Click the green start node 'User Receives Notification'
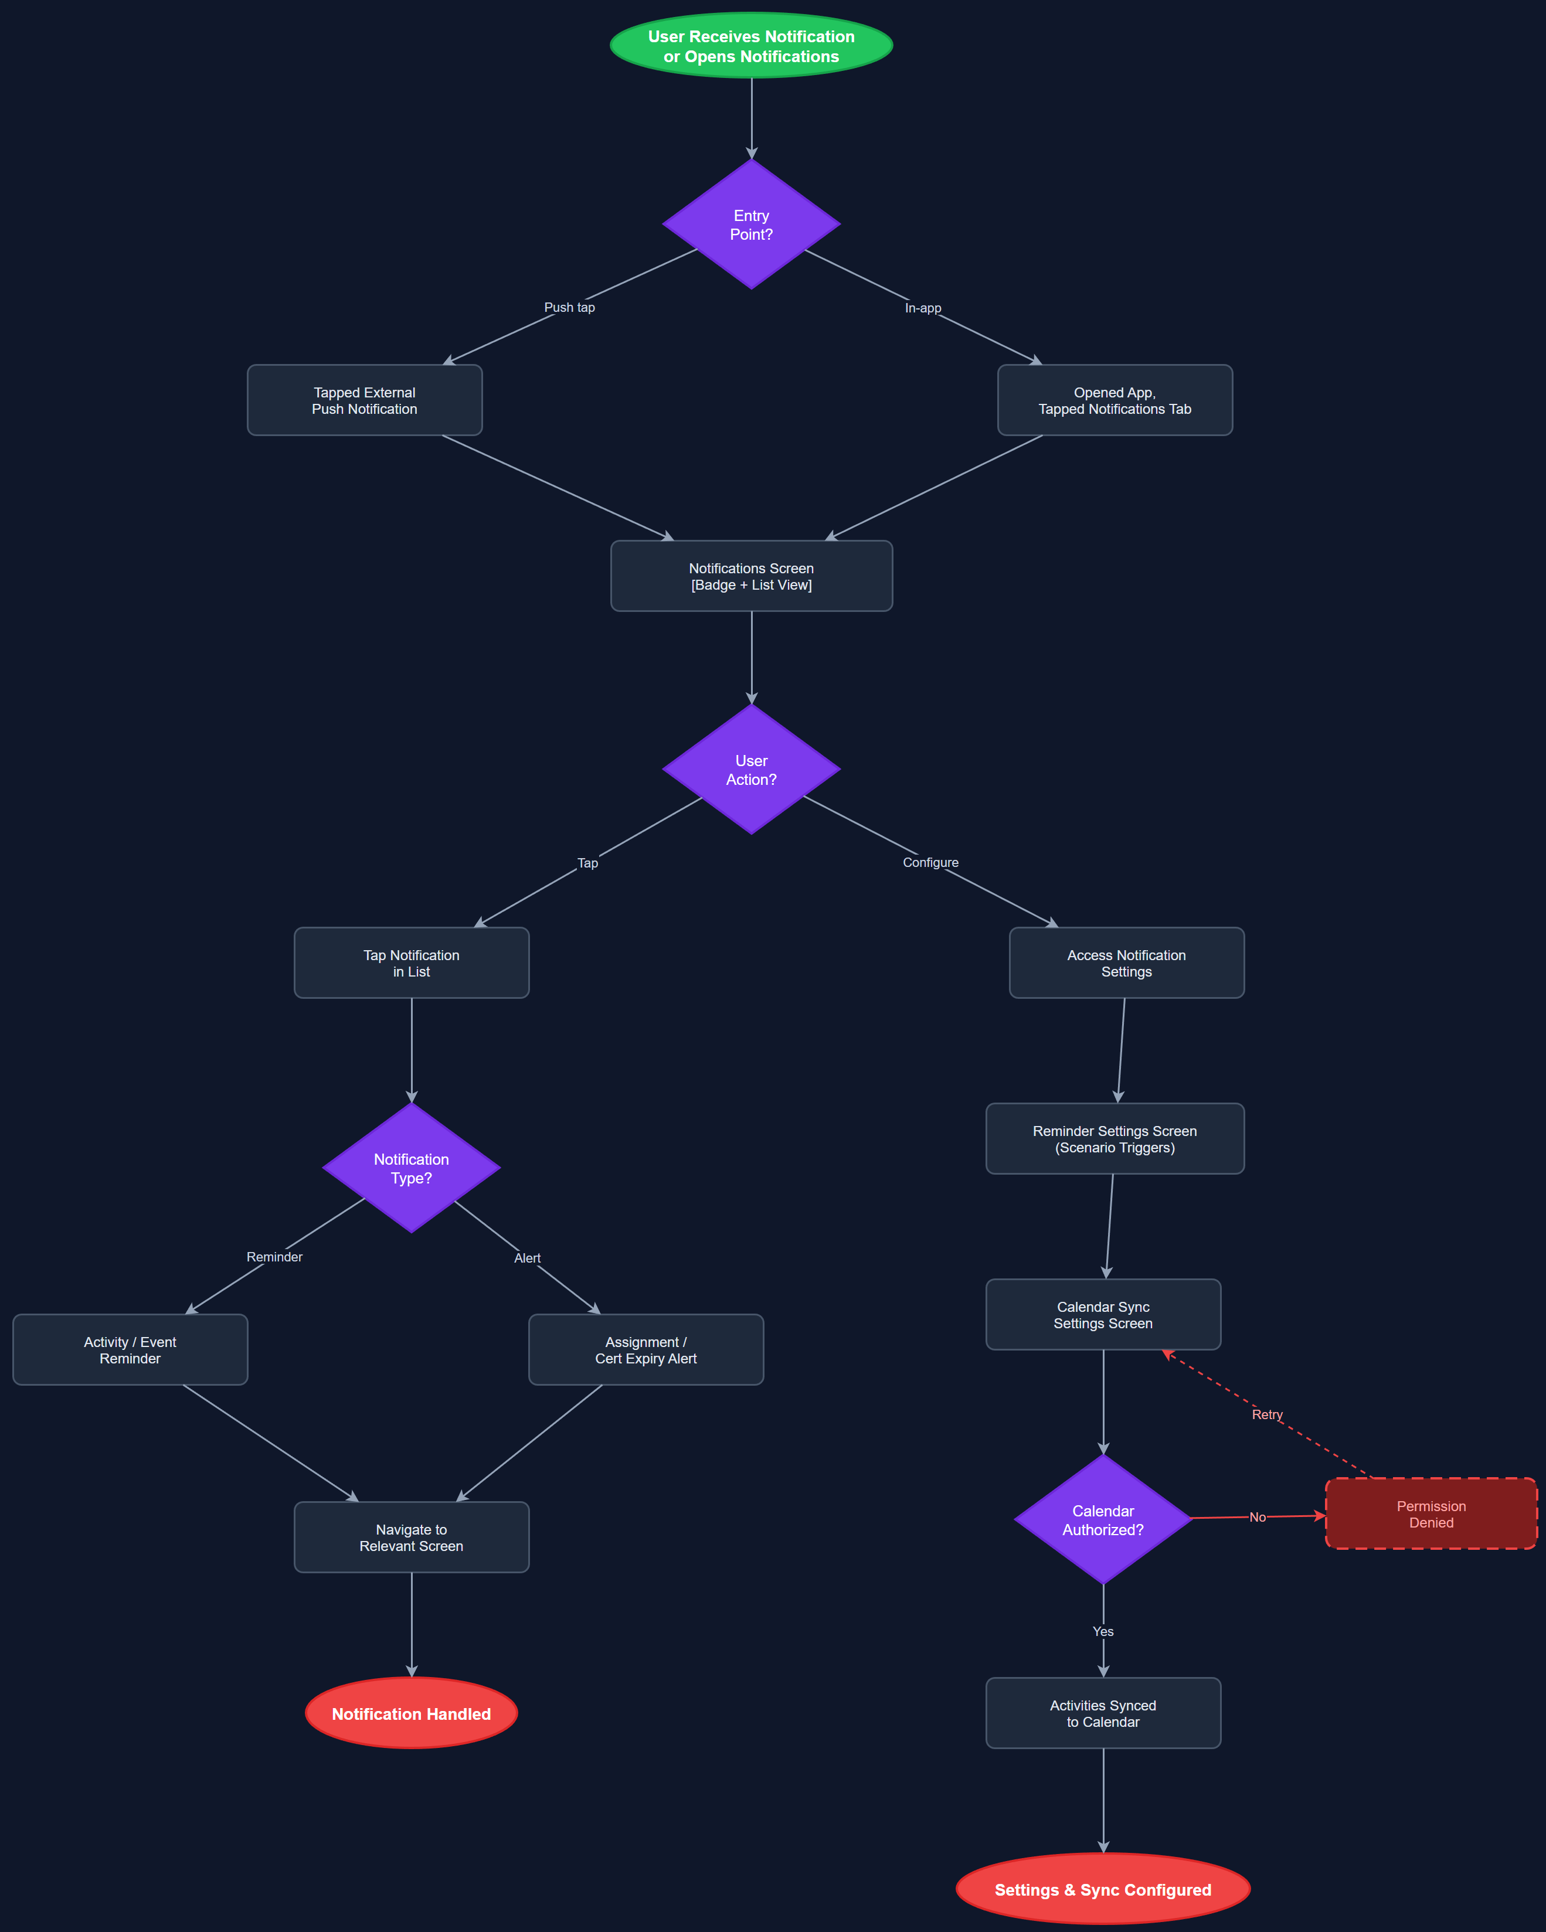click(751, 46)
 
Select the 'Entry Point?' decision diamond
click(751, 224)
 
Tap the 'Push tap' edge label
click(569, 307)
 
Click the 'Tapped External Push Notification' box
click(364, 400)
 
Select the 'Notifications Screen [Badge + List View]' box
click(751, 576)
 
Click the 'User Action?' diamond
click(751, 770)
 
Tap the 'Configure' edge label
click(930, 862)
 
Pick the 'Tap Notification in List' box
click(412, 963)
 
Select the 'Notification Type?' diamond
click(412, 1168)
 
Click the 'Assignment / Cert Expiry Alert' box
click(645, 1349)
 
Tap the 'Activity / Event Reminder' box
click(130, 1349)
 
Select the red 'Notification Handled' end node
click(412, 1713)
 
